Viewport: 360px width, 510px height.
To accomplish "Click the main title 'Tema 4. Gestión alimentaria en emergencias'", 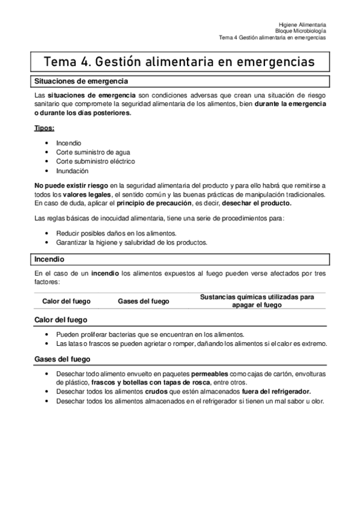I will click(179, 62).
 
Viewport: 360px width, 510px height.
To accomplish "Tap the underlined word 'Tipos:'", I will click(44, 128).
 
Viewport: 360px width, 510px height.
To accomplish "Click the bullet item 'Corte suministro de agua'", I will click(93, 152).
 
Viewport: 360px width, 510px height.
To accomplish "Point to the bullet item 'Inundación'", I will click(73, 170).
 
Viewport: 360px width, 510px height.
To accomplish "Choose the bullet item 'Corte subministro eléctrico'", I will click(95, 161).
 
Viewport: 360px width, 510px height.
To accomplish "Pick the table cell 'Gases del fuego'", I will click(143, 301).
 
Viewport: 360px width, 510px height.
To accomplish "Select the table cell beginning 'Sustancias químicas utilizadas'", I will click(257, 301).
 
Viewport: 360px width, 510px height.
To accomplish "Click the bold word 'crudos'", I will click(157, 392).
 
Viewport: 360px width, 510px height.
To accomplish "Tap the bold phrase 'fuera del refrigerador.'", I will click(276, 392).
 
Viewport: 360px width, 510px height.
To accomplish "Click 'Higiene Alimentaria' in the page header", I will click(302, 23).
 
